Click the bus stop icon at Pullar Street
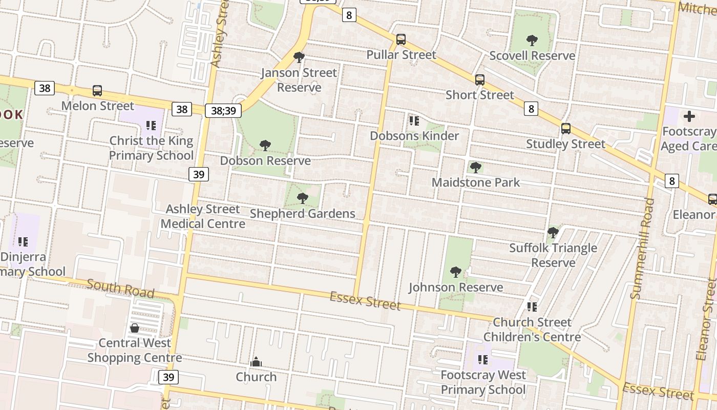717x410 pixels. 401,39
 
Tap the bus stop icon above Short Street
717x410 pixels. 479,80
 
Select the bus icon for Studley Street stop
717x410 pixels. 565,129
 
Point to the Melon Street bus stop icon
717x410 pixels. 97,91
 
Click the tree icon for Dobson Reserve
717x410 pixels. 265,146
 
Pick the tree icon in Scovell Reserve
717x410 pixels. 532,40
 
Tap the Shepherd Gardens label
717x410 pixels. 302,213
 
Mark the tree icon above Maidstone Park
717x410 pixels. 475,167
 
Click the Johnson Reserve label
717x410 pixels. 455,287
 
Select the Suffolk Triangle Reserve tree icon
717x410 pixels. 553,233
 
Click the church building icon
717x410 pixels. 256,362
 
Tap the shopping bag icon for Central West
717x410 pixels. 134,328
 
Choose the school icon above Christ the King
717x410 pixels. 151,126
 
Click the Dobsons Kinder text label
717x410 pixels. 414,136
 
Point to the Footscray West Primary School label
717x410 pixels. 483,382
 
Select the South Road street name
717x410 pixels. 120,288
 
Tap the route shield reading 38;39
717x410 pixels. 223,110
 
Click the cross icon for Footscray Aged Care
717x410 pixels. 689,116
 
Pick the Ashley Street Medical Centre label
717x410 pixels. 203,216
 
